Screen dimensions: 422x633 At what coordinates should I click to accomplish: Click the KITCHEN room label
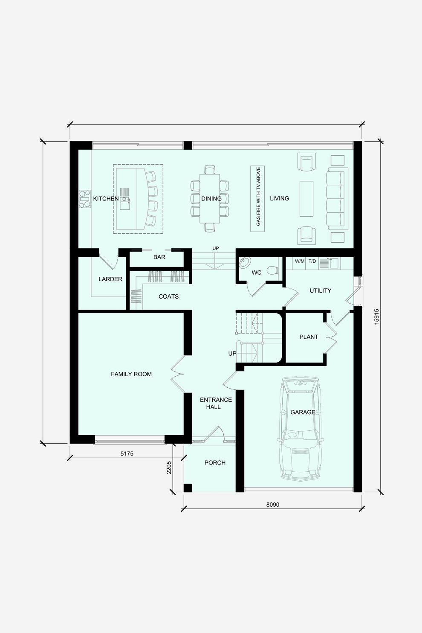tap(106, 199)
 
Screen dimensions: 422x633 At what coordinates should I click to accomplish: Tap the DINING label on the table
tap(211, 199)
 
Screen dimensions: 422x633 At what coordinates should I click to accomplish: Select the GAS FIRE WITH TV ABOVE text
tap(258, 197)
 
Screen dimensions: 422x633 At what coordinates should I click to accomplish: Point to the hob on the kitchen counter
tap(84, 199)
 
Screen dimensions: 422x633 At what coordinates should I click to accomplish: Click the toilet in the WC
tap(272, 270)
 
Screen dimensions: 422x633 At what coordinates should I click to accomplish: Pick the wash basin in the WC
tap(244, 262)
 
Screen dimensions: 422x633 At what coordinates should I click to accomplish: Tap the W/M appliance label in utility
tap(300, 261)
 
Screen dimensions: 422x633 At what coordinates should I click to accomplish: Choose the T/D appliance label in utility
tap(312, 261)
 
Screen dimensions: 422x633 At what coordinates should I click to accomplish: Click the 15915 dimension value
tap(376, 316)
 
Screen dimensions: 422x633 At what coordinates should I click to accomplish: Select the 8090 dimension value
tap(272, 505)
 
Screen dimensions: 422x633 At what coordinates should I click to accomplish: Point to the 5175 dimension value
tap(127, 453)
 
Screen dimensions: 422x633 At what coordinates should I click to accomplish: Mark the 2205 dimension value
tap(169, 467)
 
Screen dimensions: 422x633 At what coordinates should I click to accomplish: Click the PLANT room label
tap(309, 337)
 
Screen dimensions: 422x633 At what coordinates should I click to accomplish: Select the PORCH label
tap(215, 463)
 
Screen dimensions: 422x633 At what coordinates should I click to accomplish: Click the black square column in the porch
tap(188, 488)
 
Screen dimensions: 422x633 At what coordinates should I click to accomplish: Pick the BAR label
tap(159, 257)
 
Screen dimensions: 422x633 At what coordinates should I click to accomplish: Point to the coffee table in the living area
tap(306, 199)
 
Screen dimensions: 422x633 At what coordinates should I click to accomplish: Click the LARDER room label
tap(110, 279)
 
